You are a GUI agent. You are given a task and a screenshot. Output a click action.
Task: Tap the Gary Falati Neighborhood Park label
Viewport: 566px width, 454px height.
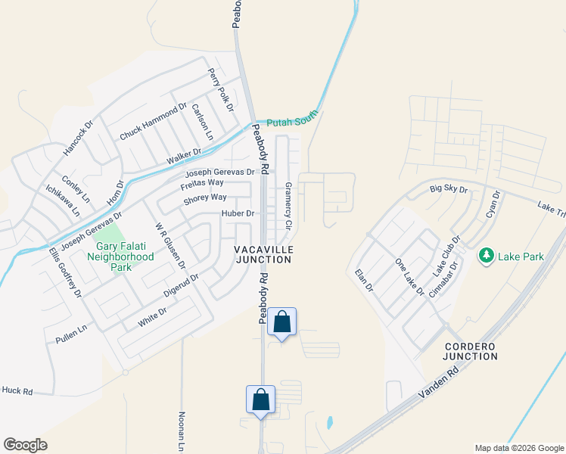(x=125, y=251)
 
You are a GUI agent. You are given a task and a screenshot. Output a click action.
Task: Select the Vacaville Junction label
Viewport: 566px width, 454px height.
(x=263, y=254)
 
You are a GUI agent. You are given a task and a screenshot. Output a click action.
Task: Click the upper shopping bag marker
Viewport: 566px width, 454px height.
(x=281, y=322)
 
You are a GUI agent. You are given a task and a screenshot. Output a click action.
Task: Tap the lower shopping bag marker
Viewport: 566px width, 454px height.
(x=260, y=400)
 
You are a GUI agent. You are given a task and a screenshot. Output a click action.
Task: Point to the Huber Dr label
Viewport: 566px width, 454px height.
(x=238, y=214)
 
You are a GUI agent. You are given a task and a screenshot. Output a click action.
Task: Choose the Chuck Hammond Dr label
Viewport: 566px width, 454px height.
(x=153, y=122)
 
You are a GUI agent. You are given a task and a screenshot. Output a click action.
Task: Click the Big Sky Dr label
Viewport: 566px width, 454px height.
(x=449, y=188)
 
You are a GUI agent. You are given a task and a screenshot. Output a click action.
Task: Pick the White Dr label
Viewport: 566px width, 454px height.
(x=152, y=317)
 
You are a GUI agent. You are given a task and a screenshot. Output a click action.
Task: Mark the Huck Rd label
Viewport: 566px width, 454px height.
(x=17, y=391)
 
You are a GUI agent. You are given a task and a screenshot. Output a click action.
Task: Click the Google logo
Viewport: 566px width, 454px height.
(x=25, y=445)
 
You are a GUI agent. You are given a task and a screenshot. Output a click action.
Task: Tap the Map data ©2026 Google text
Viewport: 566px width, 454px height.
(x=518, y=448)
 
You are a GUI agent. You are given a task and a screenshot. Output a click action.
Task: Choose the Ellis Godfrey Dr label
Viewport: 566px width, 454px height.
(x=64, y=272)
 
